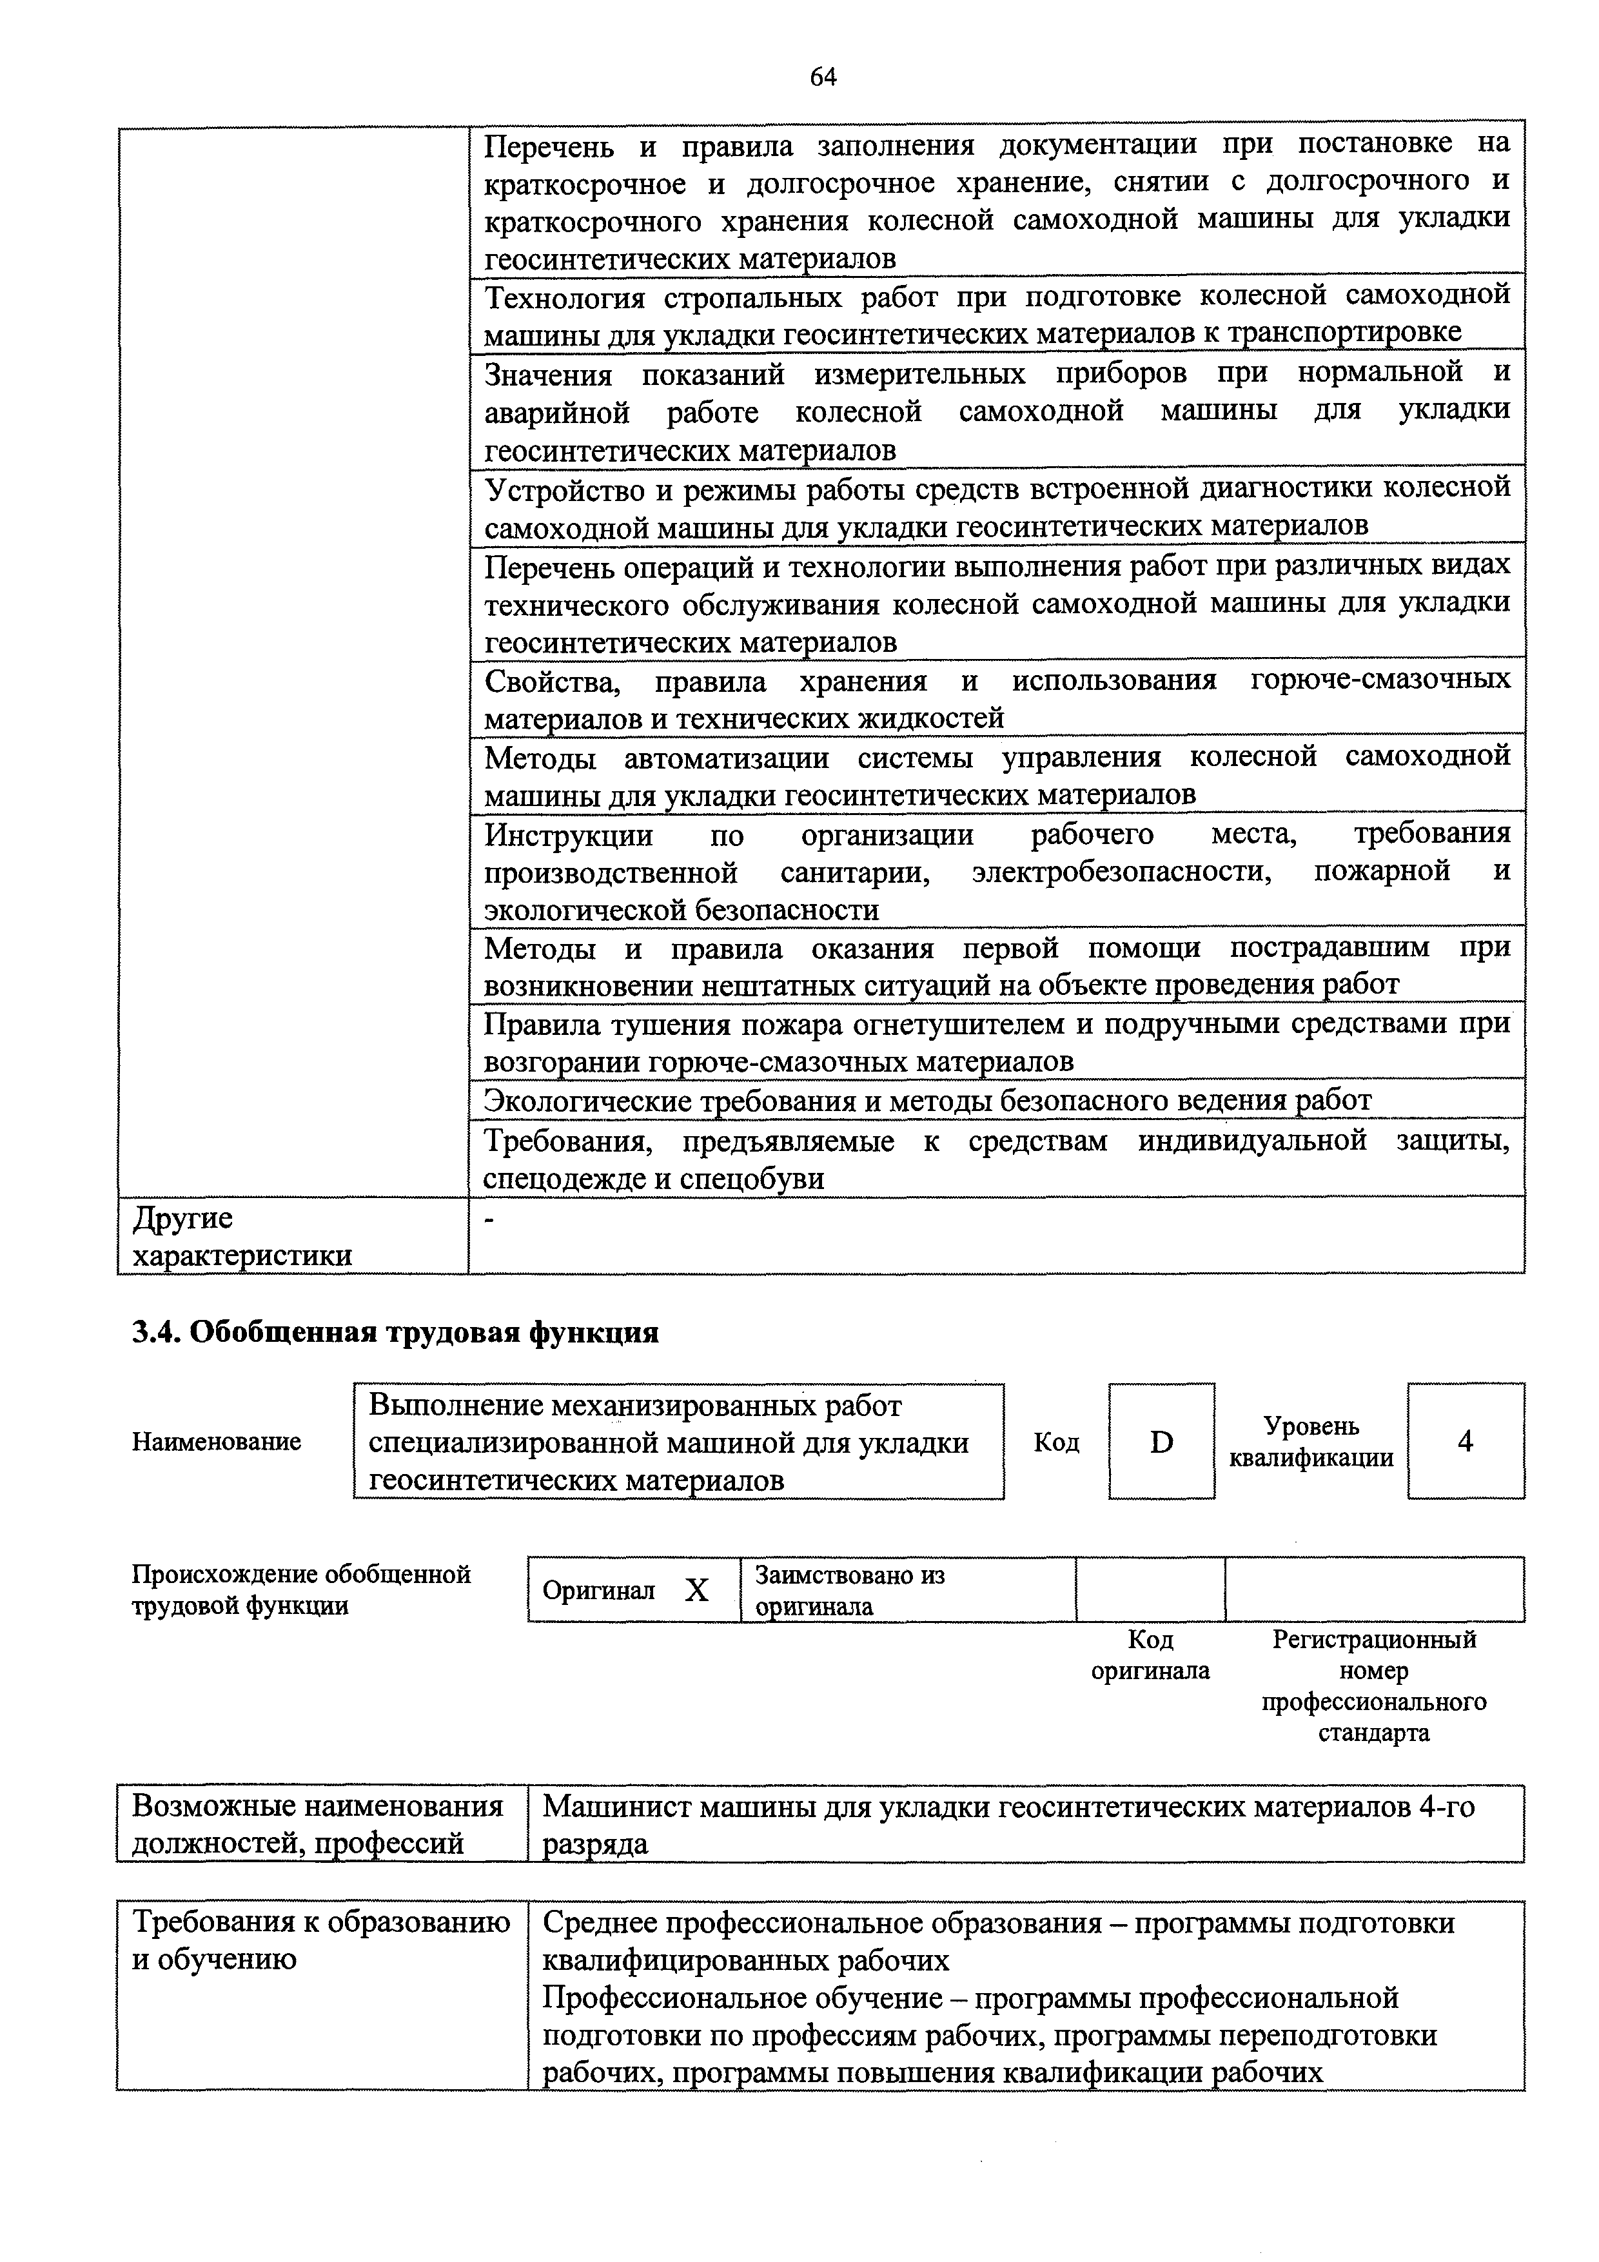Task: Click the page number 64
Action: (x=823, y=77)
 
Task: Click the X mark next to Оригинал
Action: (x=696, y=1590)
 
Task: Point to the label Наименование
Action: (x=217, y=1442)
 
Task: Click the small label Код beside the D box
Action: (x=1056, y=1442)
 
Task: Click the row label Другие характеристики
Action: (x=241, y=1236)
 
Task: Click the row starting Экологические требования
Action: (x=926, y=1099)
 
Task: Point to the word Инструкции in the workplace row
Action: (x=569, y=836)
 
